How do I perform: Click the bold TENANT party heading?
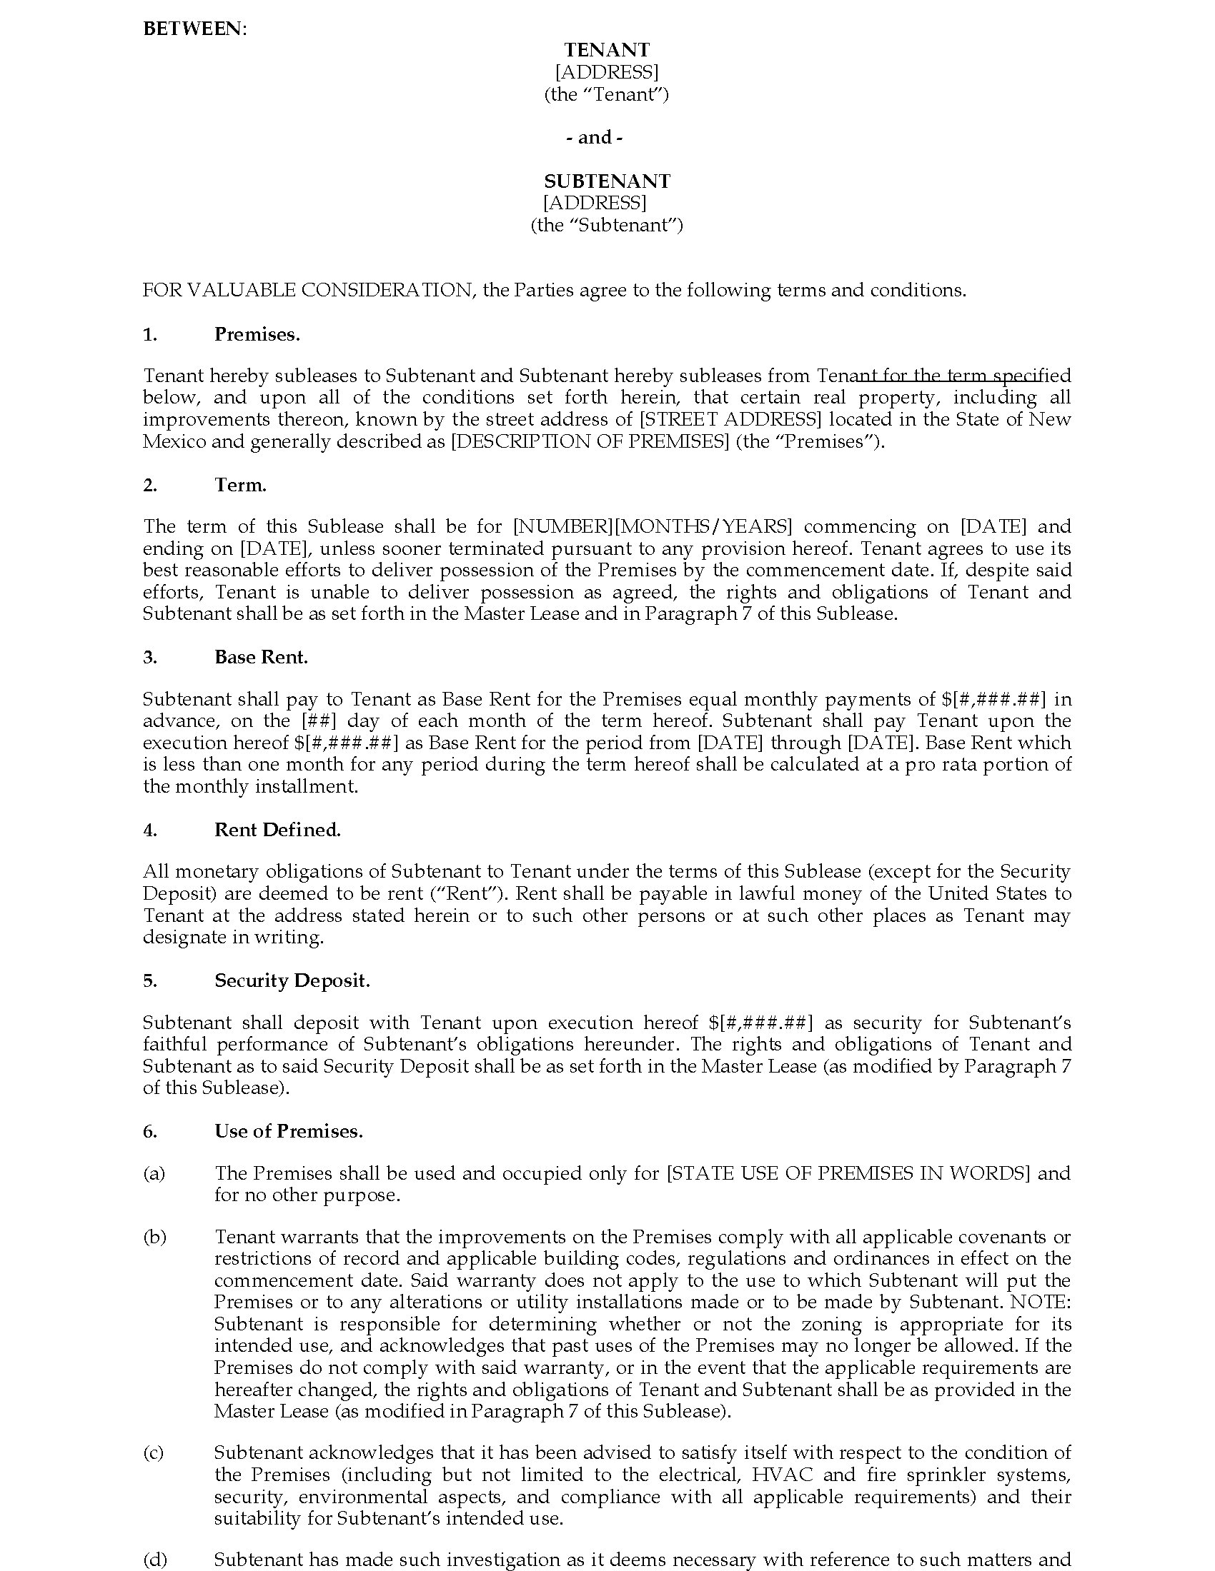pos(607,50)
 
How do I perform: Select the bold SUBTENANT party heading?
pos(607,181)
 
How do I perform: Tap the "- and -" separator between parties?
pos(595,137)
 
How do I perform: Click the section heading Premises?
pos(257,334)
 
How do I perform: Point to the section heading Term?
pos(240,485)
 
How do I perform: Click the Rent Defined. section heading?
pos(277,829)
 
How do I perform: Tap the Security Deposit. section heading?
pos(292,980)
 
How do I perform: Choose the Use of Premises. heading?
pos(289,1131)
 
